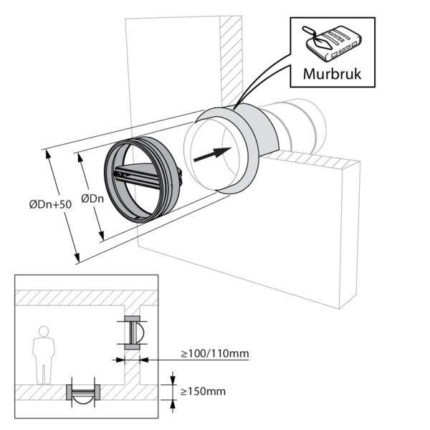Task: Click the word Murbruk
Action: pos(331,74)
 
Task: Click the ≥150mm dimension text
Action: pos(203,391)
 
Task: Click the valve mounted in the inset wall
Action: pos(134,332)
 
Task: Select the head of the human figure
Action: pos(44,331)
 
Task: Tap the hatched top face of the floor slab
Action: pos(315,160)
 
